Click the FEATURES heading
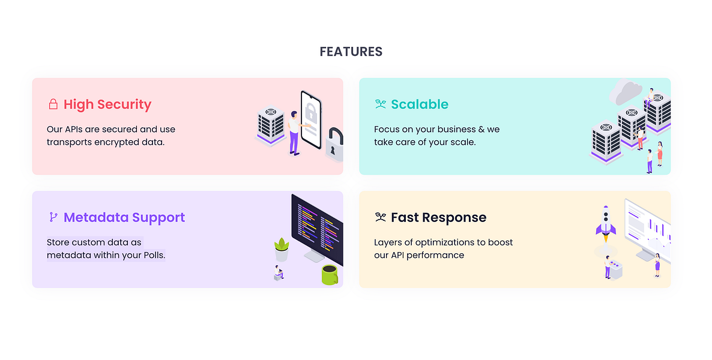[x=351, y=52]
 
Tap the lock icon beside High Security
[x=53, y=104]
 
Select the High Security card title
[x=107, y=104]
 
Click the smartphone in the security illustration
[x=310, y=120]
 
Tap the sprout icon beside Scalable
[x=380, y=104]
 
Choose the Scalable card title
[x=420, y=104]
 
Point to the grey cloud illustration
[x=624, y=92]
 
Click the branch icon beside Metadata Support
[x=53, y=217]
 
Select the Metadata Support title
[x=124, y=217]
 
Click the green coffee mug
[x=330, y=274]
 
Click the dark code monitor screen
[x=317, y=228]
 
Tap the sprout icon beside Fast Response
[x=380, y=217]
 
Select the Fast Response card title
[x=438, y=217]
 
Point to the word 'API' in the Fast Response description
[x=401, y=255]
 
